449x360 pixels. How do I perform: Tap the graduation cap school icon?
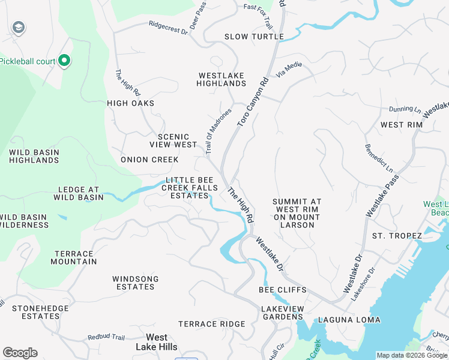(x=19, y=28)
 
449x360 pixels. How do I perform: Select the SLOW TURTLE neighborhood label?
(x=254, y=37)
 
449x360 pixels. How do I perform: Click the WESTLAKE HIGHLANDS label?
(x=221, y=80)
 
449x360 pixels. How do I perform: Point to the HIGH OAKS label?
(x=131, y=103)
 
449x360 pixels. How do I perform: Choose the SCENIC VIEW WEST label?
(x=173, y=141)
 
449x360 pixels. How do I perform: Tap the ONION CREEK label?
(x=149, y=160)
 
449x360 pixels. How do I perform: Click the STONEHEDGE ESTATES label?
(x=36, y=312)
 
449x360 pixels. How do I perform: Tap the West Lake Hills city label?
(x=157, y=342)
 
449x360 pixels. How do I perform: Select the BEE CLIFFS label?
(x=282, y=290)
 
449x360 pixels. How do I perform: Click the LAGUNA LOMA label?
(x=349, y=320)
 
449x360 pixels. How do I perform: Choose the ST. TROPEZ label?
(x=397, y=236)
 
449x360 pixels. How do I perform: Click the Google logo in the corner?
(x=20, y=353)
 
